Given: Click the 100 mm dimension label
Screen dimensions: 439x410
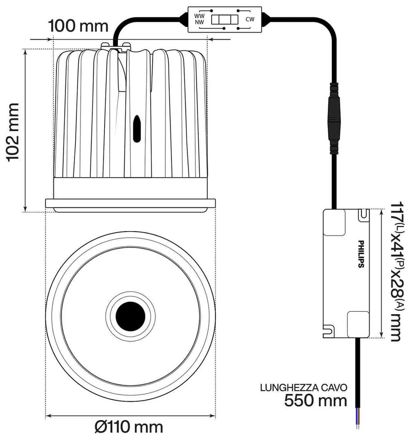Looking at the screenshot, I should coord(78,26).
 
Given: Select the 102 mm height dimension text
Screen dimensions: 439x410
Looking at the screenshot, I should coord(14,131).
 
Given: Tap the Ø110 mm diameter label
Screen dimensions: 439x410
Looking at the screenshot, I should coord(129,427).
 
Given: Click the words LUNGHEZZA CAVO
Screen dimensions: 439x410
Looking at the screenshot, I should coord(304,387).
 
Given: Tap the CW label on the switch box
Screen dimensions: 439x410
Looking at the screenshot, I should coord(250,19).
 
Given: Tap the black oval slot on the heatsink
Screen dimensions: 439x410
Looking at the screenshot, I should coord(137,128).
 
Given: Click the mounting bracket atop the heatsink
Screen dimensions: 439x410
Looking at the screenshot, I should coord(116,45).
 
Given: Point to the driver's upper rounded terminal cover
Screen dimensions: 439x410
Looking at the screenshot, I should coord(334,223).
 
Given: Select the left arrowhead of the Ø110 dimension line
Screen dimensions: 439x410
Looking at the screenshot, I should coord(48,416).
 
